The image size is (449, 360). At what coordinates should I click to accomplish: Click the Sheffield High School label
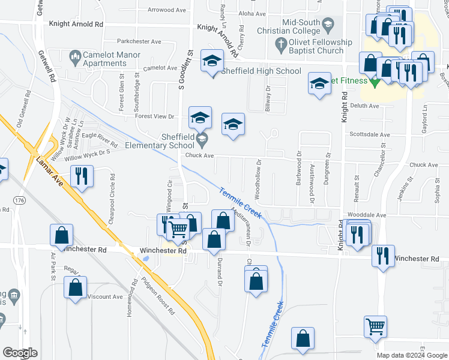coord(261,71)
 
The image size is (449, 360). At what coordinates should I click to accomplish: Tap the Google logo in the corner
coord(20,352)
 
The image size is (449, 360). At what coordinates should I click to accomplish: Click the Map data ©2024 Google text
coord(411,355)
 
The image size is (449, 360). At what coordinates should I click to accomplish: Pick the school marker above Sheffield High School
coord(211,62)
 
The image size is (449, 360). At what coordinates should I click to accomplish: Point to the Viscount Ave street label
coord(104,296)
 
